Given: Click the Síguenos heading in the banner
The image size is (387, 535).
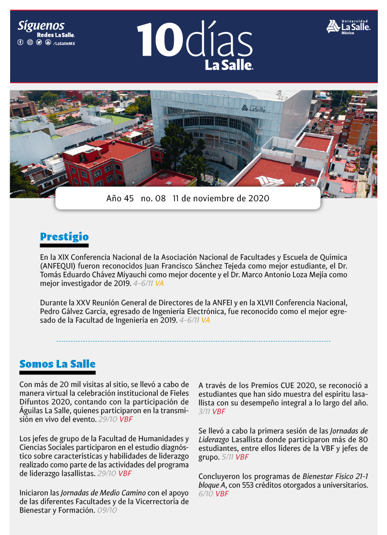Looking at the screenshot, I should pyautogui.click(x=41, y=26).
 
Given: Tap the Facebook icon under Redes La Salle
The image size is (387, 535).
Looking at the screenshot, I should pyautogui.click(x=20, y=43).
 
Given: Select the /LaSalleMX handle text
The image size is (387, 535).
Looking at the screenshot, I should pyautogui.click(x=64, y=43).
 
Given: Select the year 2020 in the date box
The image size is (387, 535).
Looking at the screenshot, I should pyautogui.click(x=257, y=199).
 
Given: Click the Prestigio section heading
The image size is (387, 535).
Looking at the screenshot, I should pyautogui.click(x=64, y=237).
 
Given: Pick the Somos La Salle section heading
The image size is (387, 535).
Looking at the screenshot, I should pyautogui.click(x=57, y=364).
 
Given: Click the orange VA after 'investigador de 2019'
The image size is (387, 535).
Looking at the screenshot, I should pyautogui.click(x=159, y=283).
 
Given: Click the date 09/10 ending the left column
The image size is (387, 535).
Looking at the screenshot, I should pyautogui.click(x=107, y=510).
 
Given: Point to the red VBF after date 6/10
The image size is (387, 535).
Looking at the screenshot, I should pyautogui.click(x=222, y=494).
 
